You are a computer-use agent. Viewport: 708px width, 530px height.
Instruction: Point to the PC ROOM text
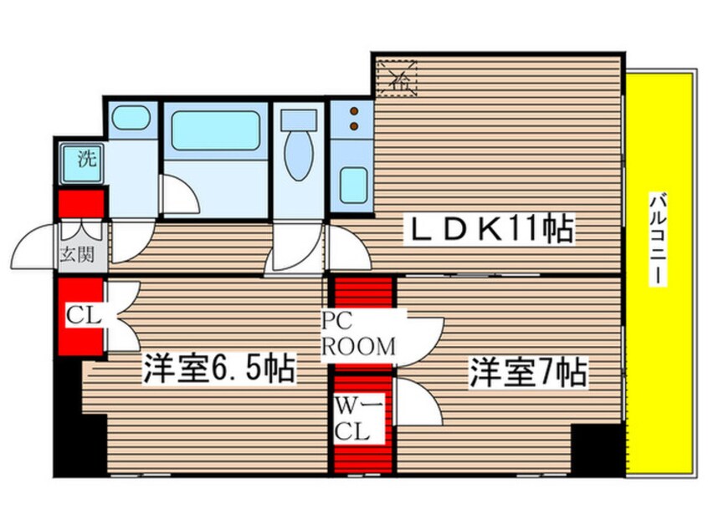click(x=360, y=334)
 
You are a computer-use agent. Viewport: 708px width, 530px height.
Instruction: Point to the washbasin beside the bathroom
click(x=131, y=118)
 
